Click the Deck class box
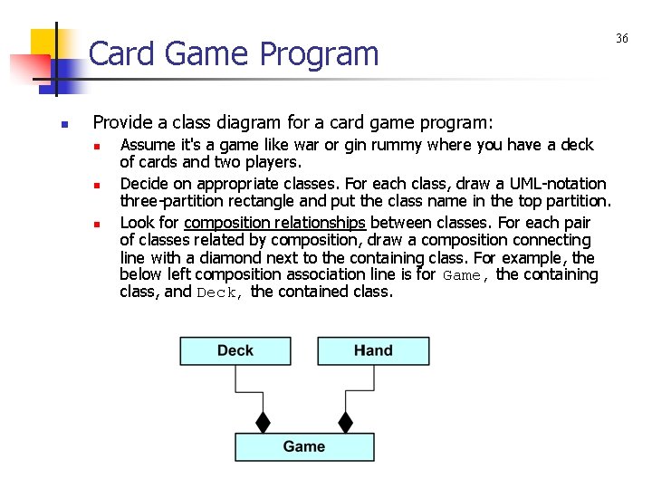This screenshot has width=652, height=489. pyautogui.click(x=235, y=351)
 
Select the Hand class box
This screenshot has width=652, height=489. pyautogui.click(x=373, y=351)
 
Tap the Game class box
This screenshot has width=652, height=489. pyautogui.click(x=304, y=446)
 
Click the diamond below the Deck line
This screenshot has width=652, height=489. pyautogui.click(x=263, y=422)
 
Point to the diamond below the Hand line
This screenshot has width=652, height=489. pyautogui.click(x=345, y=422)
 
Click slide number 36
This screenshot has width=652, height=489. pyautogui.click(x=622, y=38)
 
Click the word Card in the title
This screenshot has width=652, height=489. pyautogui.click(x=122, y=54)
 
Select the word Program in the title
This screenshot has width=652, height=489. pyautogui.click(x=318, y=54)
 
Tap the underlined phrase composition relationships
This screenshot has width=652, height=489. pyautogui.click(x=274, y=223)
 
